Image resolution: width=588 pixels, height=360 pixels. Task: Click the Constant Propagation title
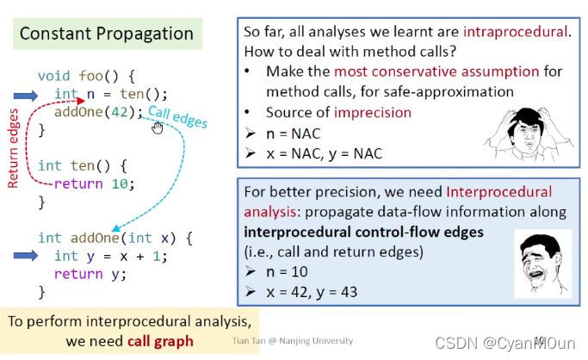point(107,34)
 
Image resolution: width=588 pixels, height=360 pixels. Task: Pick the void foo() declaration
point(85,75)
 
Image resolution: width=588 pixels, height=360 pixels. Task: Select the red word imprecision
point(395,113)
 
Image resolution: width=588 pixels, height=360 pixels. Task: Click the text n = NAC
point(293,133)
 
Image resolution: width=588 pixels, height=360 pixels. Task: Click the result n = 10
point(289,271)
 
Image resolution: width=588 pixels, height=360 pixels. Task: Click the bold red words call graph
point(161,341)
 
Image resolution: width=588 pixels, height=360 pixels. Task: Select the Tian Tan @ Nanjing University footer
point(293,342)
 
